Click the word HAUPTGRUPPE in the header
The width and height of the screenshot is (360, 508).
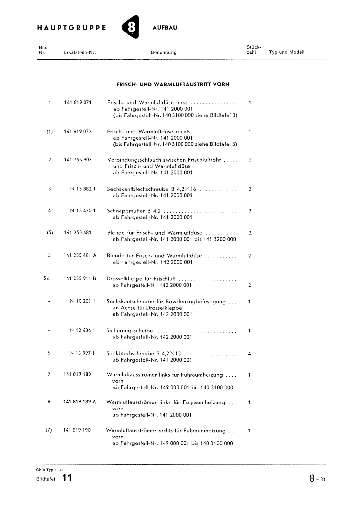click(71, 28)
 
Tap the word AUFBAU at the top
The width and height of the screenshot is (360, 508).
click(165, 28)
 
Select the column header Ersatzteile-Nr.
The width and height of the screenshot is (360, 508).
click(80, 52)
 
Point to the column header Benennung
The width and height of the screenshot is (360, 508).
click(164, 52)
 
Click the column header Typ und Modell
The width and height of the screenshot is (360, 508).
click(286, 52)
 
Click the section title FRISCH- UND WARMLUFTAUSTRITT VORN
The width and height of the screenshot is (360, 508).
click(173, 84)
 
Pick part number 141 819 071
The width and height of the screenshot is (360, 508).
click(78, 103)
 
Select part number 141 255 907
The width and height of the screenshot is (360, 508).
click(78, 160)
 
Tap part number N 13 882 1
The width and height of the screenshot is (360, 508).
click(83, 189)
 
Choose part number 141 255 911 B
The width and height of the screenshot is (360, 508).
click(80, 278)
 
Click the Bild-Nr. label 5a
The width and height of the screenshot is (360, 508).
click(47, 278)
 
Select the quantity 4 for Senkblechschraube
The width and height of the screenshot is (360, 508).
click(249, 353)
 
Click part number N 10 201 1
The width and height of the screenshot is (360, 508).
click(82, 301)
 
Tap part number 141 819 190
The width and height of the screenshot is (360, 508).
click(77, 430)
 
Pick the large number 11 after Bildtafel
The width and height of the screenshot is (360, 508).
click(67, 478)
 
